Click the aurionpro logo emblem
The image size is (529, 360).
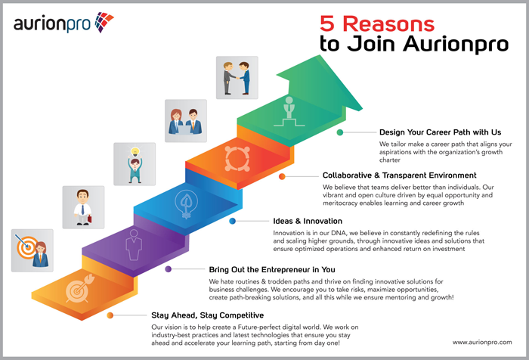tap(104, 22)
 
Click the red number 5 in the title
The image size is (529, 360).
tap(327, 23)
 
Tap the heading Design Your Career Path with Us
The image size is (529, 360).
tap(440, 132)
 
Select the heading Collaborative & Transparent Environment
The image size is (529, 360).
tap(400, 175)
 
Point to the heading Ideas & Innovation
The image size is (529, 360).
tap(308, 221)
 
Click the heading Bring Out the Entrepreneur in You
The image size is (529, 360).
tap(272, 269)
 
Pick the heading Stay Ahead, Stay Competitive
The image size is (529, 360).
tap(208, 315)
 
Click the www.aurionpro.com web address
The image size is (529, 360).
tap(482, 343)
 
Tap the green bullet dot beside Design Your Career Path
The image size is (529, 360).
tap(340, 132)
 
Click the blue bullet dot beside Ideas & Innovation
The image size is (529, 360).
tap(232, 221)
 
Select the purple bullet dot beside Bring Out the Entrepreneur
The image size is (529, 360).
tap(168, 269)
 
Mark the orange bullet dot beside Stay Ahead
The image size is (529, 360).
tap(110, 315)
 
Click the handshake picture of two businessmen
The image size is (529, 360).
tap(237, 78)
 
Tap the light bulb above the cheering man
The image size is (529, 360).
tap(135, 151)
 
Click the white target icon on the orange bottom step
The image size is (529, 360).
tap(79, 288)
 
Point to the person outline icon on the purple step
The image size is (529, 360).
tap(134, 245)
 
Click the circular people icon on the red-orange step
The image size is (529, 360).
tap(237, 159)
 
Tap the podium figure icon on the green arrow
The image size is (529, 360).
tap(289, 112)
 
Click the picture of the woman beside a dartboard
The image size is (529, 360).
tap(32, 250)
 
